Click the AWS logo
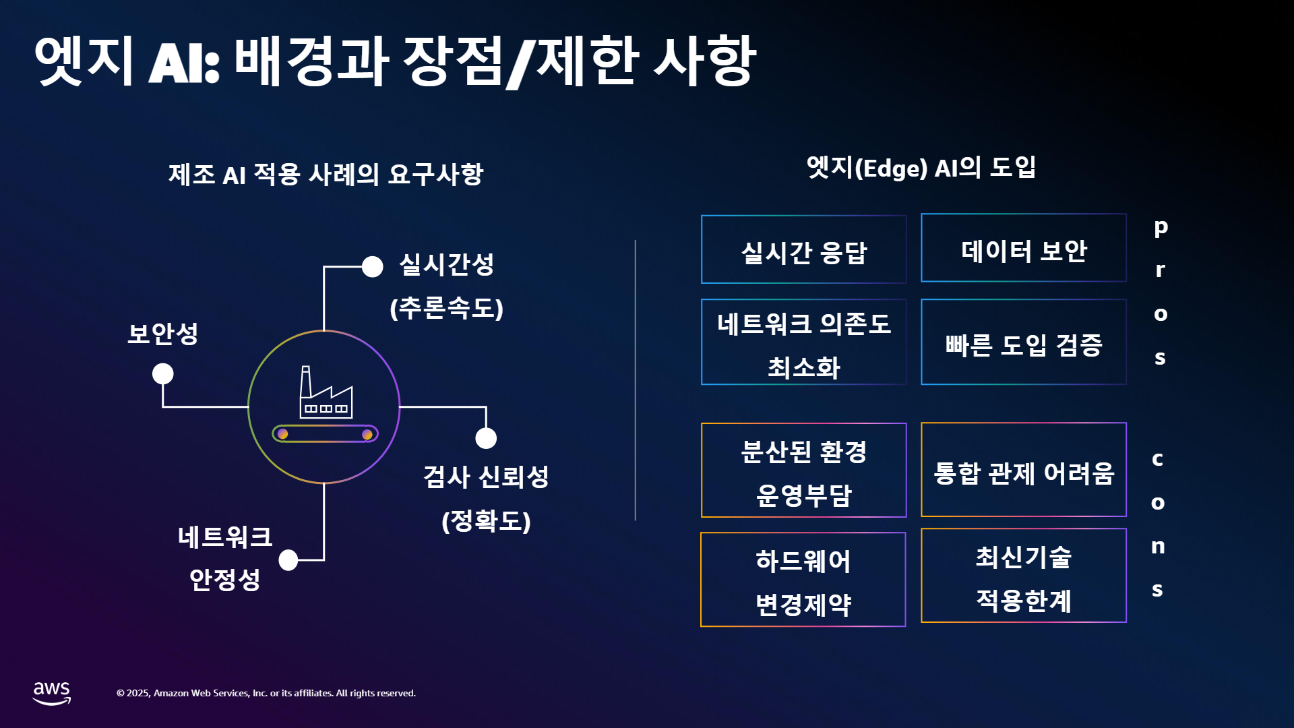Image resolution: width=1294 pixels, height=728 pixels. click(x=52, y=693)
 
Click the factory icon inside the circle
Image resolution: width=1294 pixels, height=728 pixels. click(x=326, y=392)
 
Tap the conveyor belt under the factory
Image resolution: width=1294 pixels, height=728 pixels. click(x=325, y=434)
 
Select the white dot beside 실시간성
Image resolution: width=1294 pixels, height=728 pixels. click(x=372, y=267)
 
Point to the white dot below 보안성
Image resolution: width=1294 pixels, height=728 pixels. click(x=162, y=373)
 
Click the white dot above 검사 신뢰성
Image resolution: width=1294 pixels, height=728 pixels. click(x=486, y=438)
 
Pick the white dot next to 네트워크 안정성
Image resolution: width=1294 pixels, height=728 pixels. click(x=288, y=559)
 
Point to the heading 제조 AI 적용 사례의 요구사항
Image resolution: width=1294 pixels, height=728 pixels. click(x=326, y=175)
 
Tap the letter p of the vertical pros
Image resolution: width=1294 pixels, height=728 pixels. click(x=1161, y=228)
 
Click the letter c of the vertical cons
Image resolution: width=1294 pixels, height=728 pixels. click(x=1158, y=459)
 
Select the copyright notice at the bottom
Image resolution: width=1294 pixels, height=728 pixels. click(x=266, y=693)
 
